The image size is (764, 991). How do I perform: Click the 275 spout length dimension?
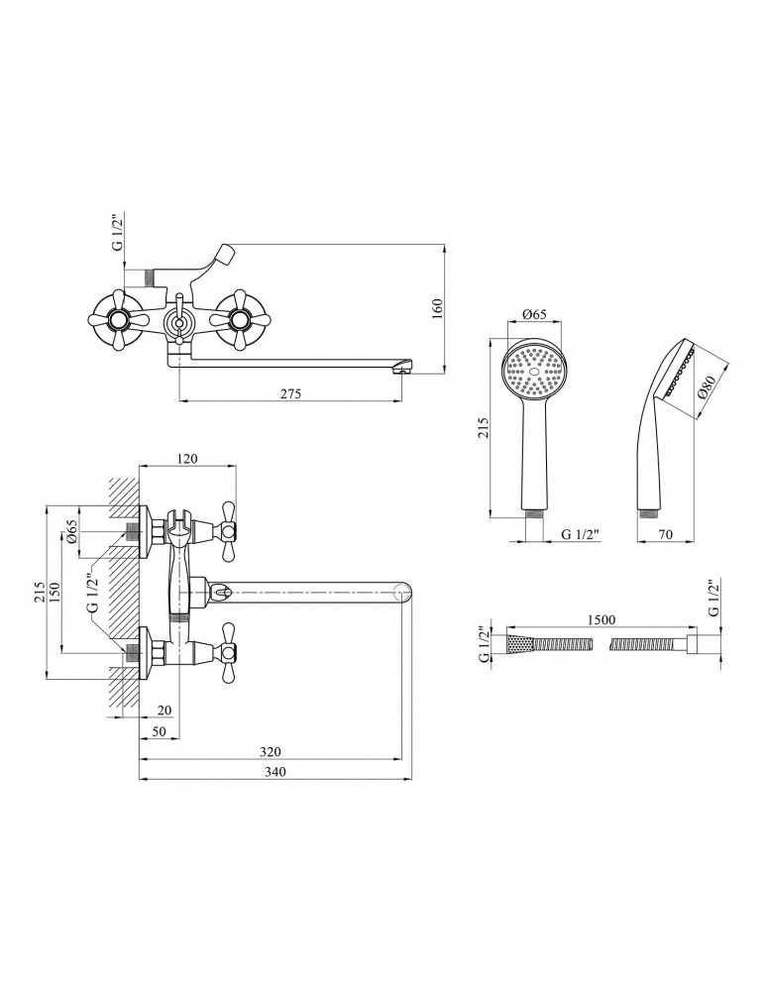289,393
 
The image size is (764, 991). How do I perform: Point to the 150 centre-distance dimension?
65,591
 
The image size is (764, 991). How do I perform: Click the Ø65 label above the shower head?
534,314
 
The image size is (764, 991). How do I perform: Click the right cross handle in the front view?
238,318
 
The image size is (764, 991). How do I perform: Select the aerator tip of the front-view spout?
400,370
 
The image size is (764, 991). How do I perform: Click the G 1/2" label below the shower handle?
582,535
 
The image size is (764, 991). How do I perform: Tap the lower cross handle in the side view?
228,650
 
